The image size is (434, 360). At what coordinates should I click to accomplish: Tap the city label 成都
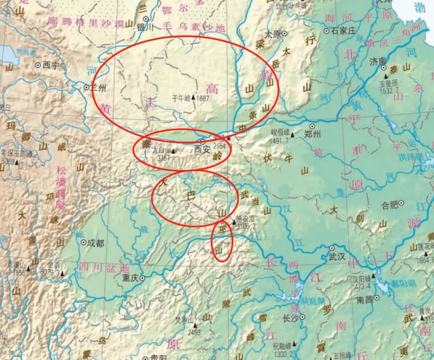tap(96, 243)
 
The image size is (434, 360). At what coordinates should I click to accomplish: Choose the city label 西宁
tap(51, 65)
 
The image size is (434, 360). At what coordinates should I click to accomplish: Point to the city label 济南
tap(378, 61)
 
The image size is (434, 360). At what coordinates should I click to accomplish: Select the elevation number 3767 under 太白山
tap(161, 157)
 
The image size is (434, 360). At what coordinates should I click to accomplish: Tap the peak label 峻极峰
tap(280, 134)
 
